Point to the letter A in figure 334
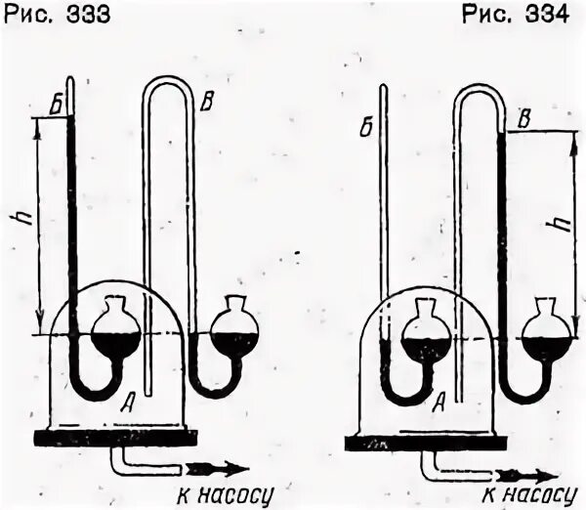click(439, 398)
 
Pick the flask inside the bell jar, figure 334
click(426, 335)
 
